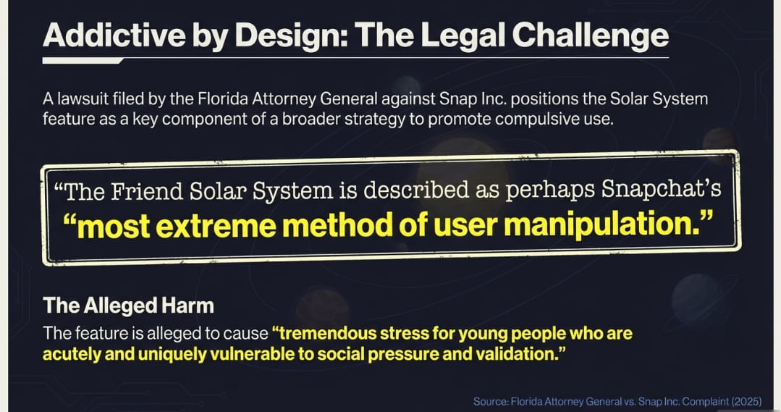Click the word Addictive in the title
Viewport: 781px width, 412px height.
click(114, 35)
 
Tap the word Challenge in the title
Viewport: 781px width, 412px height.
click(590, 35)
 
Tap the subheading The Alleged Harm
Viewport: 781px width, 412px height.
click(129, 306)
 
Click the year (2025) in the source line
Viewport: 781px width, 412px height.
click(746, 402)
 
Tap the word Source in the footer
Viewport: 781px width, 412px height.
click(491, 402)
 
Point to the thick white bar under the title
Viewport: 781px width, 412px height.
click(83, 61)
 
